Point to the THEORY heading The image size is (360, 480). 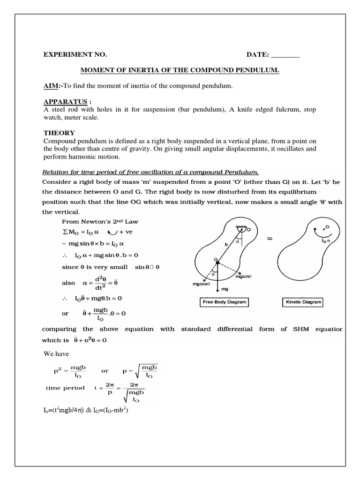click(x=59, y=133)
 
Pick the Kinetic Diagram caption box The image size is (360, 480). click(x=303, y=302)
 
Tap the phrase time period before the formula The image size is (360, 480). click(x=65, y=388)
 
